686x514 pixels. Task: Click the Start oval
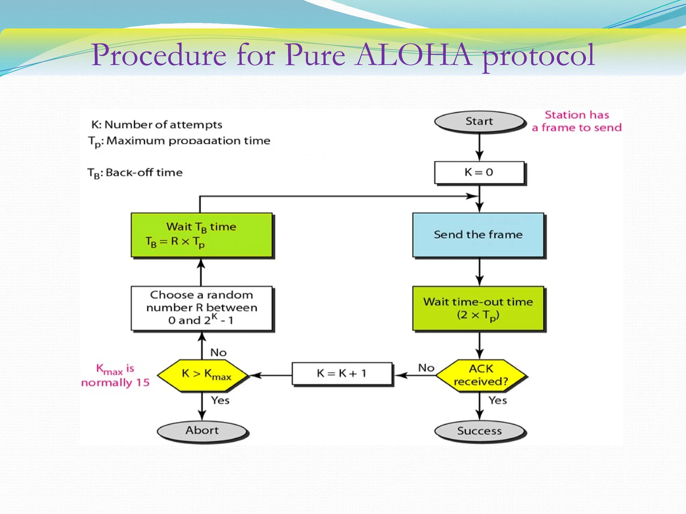pos(479,121)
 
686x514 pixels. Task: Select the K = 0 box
pos(479,172)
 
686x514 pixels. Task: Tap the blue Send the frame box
pos(478,235)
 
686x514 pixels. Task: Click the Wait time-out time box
pos(478,308)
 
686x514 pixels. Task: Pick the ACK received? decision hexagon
pos(481,375)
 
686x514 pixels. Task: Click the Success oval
pos(479,431)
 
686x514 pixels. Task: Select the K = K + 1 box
pos(342,373)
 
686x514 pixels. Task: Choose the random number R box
pos(201,308)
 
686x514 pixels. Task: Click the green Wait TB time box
pos(201,235)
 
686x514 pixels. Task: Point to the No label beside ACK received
pos(426,368)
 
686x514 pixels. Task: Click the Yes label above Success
pos(497,400)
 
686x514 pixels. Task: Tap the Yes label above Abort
pos(220,400)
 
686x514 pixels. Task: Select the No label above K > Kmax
pos(218,352)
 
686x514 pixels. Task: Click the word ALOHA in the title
pos(414,55)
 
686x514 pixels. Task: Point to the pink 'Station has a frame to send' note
pos(577,121)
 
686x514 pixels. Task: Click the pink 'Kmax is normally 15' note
pos(115,375)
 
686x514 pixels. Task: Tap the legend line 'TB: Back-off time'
pos(135,173)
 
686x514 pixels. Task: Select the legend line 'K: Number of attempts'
pos(157,125)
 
